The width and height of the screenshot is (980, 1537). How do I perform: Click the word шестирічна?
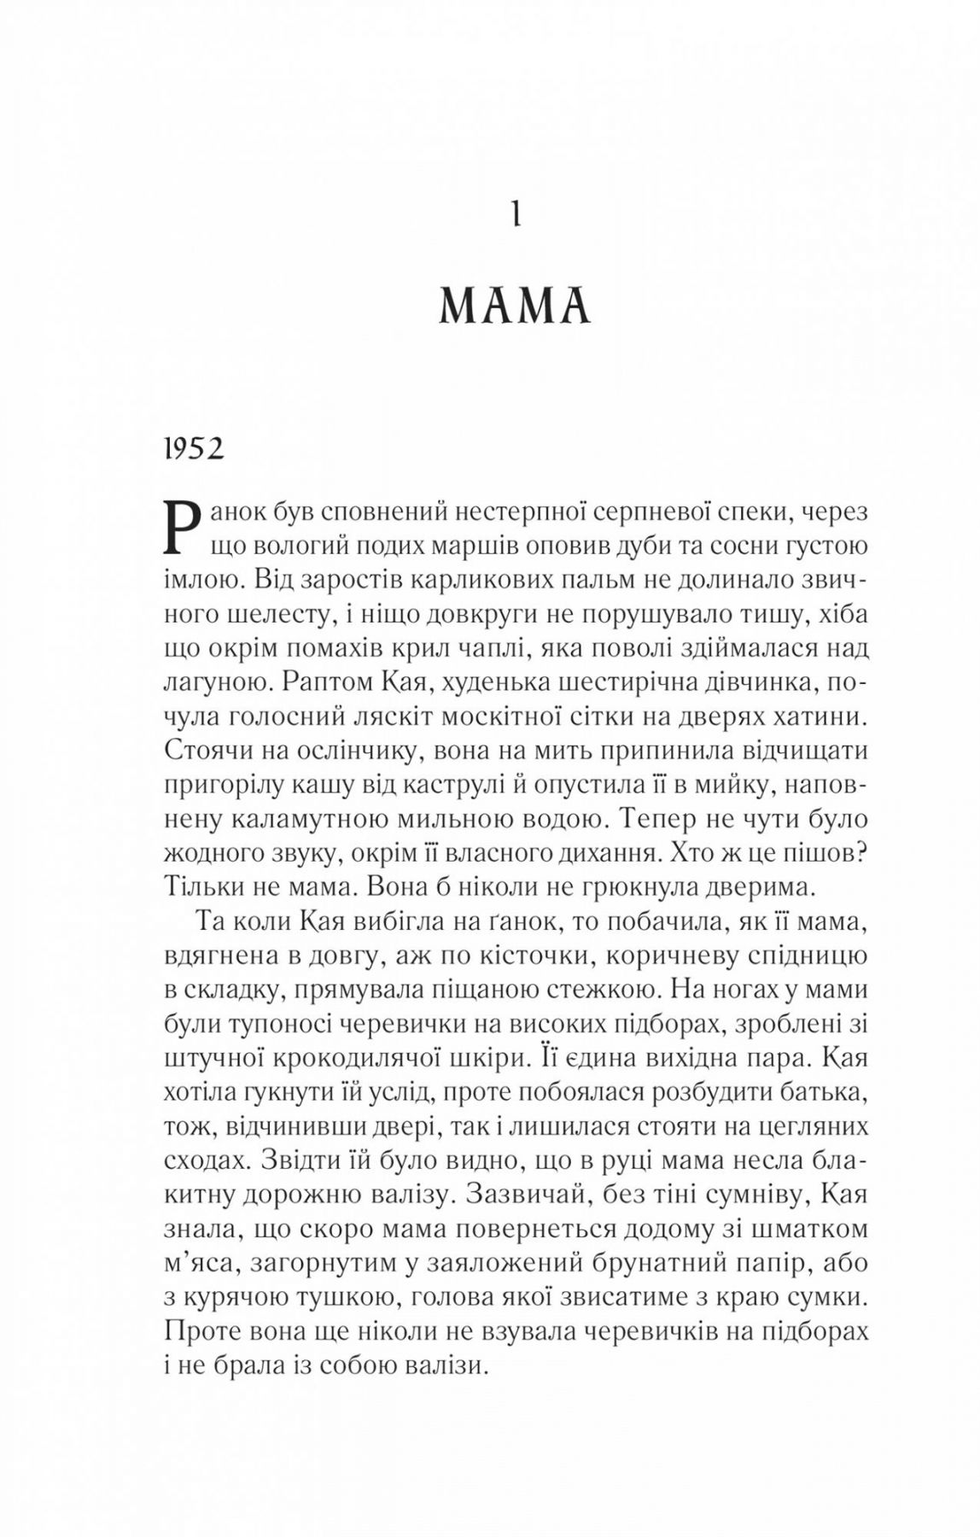tap(559, 682)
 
